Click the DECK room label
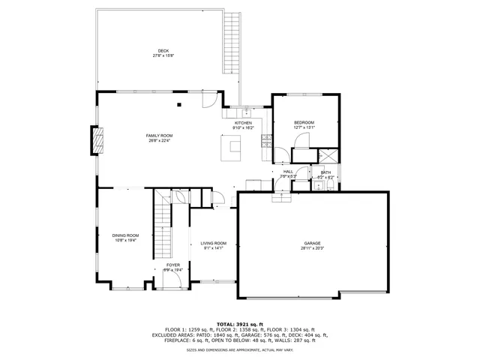163,51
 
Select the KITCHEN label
244,123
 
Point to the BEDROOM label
304,122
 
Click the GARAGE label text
312,244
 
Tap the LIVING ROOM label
213,243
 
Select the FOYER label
172,265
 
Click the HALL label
288,172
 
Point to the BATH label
325,172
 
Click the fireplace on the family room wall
97,140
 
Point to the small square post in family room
179,105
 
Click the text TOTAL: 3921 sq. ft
239,323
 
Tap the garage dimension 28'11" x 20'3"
312,248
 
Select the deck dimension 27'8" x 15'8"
163,55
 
